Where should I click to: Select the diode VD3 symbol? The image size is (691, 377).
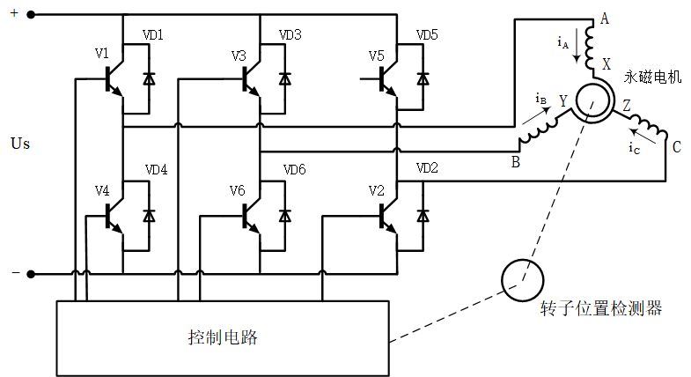coord(284,78)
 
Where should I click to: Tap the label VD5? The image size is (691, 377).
coord(427,35)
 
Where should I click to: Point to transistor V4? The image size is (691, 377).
coord(113,215)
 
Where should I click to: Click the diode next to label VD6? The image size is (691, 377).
coord(284,215)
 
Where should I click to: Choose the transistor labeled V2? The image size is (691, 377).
coord(386,215)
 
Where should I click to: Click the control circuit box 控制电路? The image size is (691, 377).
coord(223,336)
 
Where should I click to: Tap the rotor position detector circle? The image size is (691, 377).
coord(521,278)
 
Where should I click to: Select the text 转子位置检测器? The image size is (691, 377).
coord(601,309)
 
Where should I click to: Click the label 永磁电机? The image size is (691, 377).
coord(653,78)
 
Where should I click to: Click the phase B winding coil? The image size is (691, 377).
coord(537,132)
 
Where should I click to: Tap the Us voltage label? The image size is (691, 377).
coord(19,143)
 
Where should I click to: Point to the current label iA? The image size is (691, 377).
coord(563,41)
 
